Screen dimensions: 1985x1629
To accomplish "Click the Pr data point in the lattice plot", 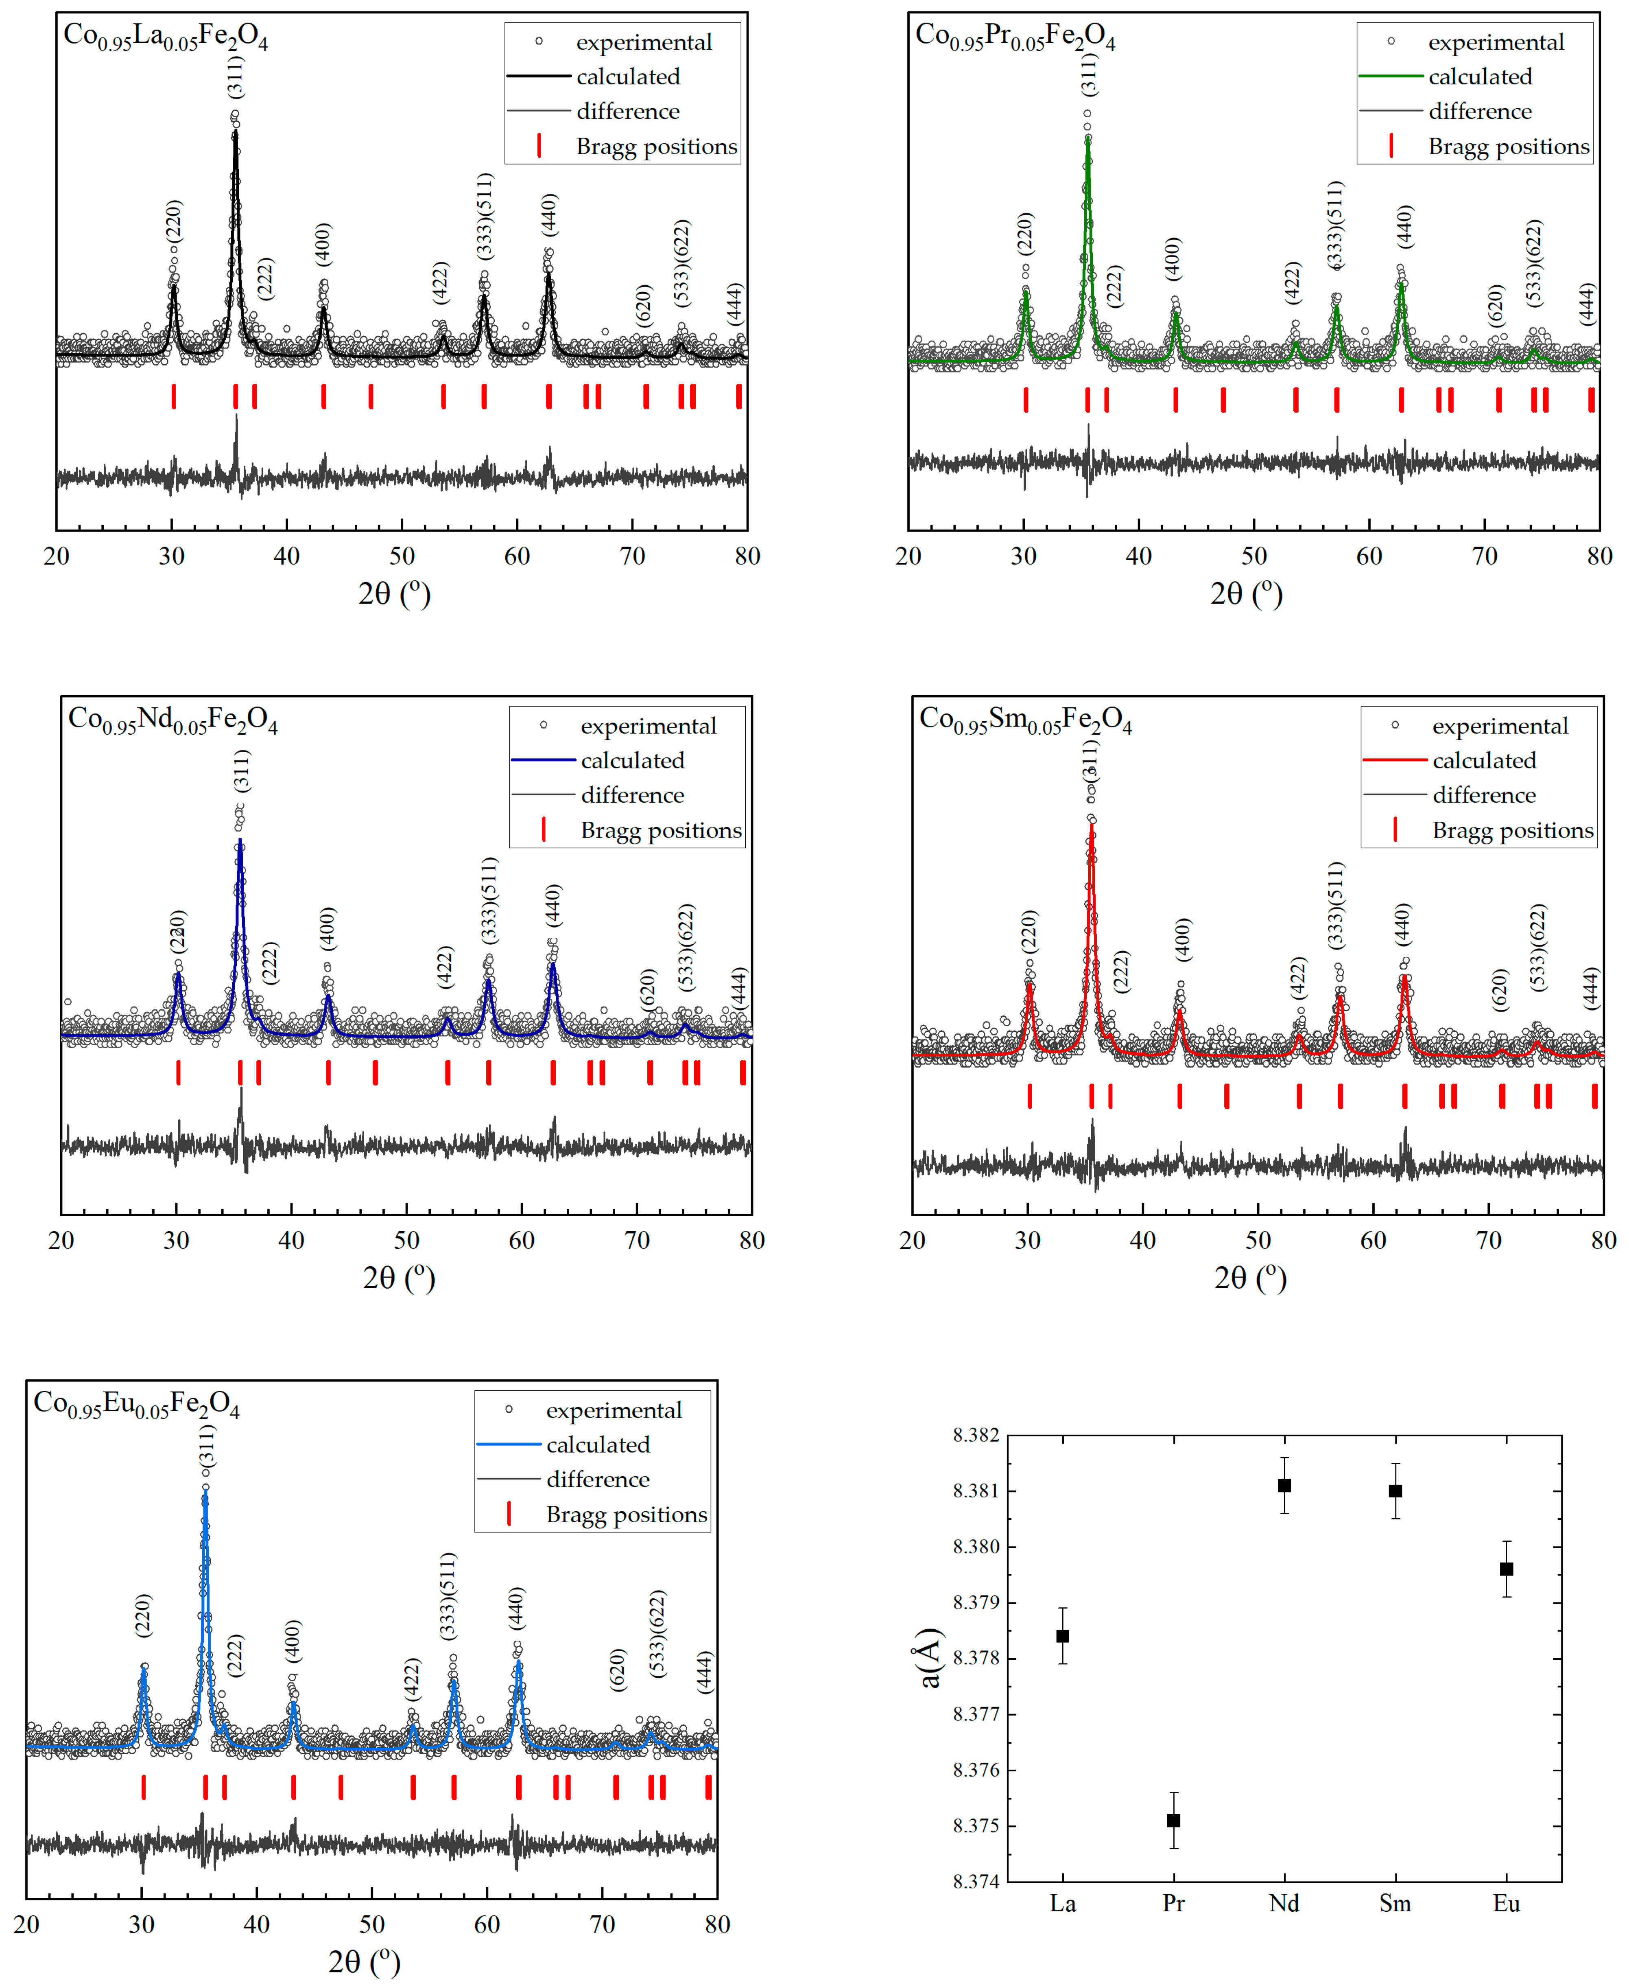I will point(1173,1820).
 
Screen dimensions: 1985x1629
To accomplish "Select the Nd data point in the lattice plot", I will point(1284,1485).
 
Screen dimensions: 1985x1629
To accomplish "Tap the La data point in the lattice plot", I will point(1062,1635).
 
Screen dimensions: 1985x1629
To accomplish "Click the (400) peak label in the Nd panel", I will point(327,928).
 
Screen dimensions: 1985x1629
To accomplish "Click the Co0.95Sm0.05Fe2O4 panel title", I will point(1025,720).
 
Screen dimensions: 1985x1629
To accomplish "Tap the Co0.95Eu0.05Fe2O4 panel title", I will point(136,1404).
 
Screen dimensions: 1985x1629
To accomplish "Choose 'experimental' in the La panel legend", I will point(644,42).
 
